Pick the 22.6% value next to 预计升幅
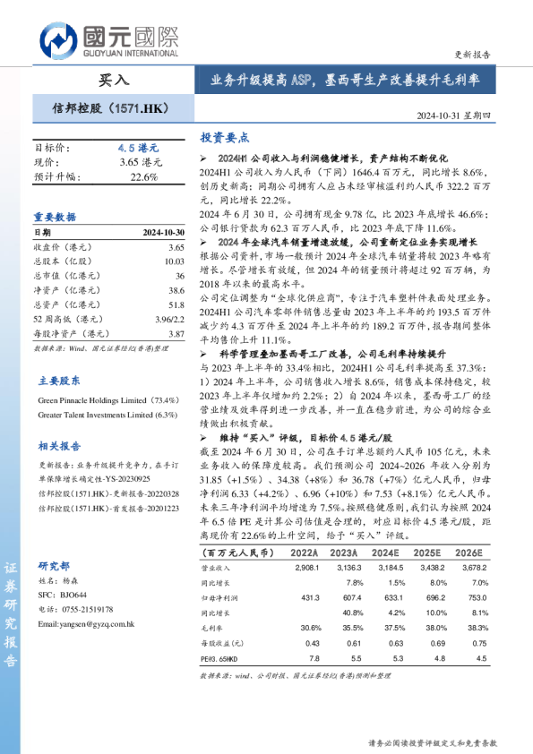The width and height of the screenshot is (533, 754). click(x=143, y=176)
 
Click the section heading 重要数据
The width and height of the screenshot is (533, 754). click(x=55, y=218)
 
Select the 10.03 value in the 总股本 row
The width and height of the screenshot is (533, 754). click(x=174, y=261)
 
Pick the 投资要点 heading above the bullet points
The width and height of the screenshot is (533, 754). click(x=224, y=138)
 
